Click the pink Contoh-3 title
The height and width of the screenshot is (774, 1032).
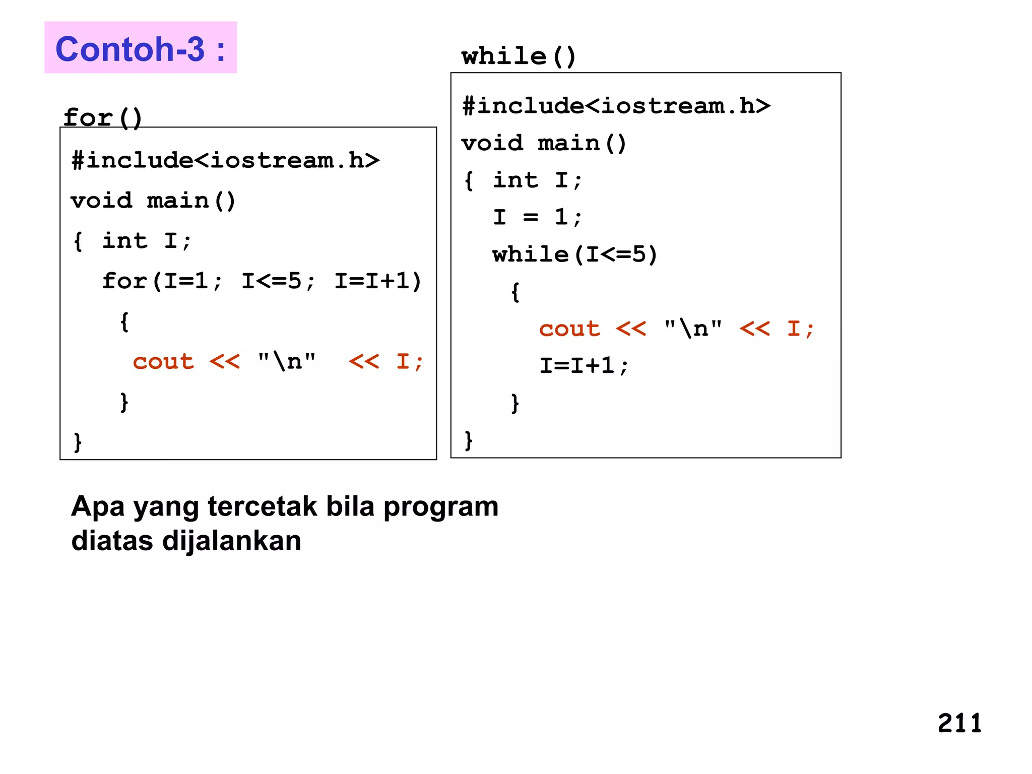click(140, 48)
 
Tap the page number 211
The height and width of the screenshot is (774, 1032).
click(959, 723)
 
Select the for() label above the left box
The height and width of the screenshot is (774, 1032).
click(102, 117)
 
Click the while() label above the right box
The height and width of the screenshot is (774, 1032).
click(519, 55)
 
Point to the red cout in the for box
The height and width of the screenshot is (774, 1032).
click(163, 362)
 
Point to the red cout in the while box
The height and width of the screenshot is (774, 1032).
click(569, 329)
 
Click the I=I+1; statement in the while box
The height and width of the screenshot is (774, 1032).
click(584, 366)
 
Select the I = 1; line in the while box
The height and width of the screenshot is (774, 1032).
click(537, 217)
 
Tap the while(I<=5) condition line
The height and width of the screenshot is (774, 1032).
click(575, 254)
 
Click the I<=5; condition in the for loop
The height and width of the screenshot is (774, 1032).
click(278, 281)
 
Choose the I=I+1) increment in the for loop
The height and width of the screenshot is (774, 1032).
click(378, 281)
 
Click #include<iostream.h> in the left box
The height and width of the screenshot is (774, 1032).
click(225, 161)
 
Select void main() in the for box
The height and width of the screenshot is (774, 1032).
click(153, 201)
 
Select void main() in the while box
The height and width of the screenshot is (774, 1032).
click(544, 144)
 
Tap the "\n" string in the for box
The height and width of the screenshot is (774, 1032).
click(287, 361)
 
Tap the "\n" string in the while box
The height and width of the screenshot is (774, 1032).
click(693, 329)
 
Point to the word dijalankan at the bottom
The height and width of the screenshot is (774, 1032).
click(231, 541)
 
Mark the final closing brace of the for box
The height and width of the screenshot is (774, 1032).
click(78, 442)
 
